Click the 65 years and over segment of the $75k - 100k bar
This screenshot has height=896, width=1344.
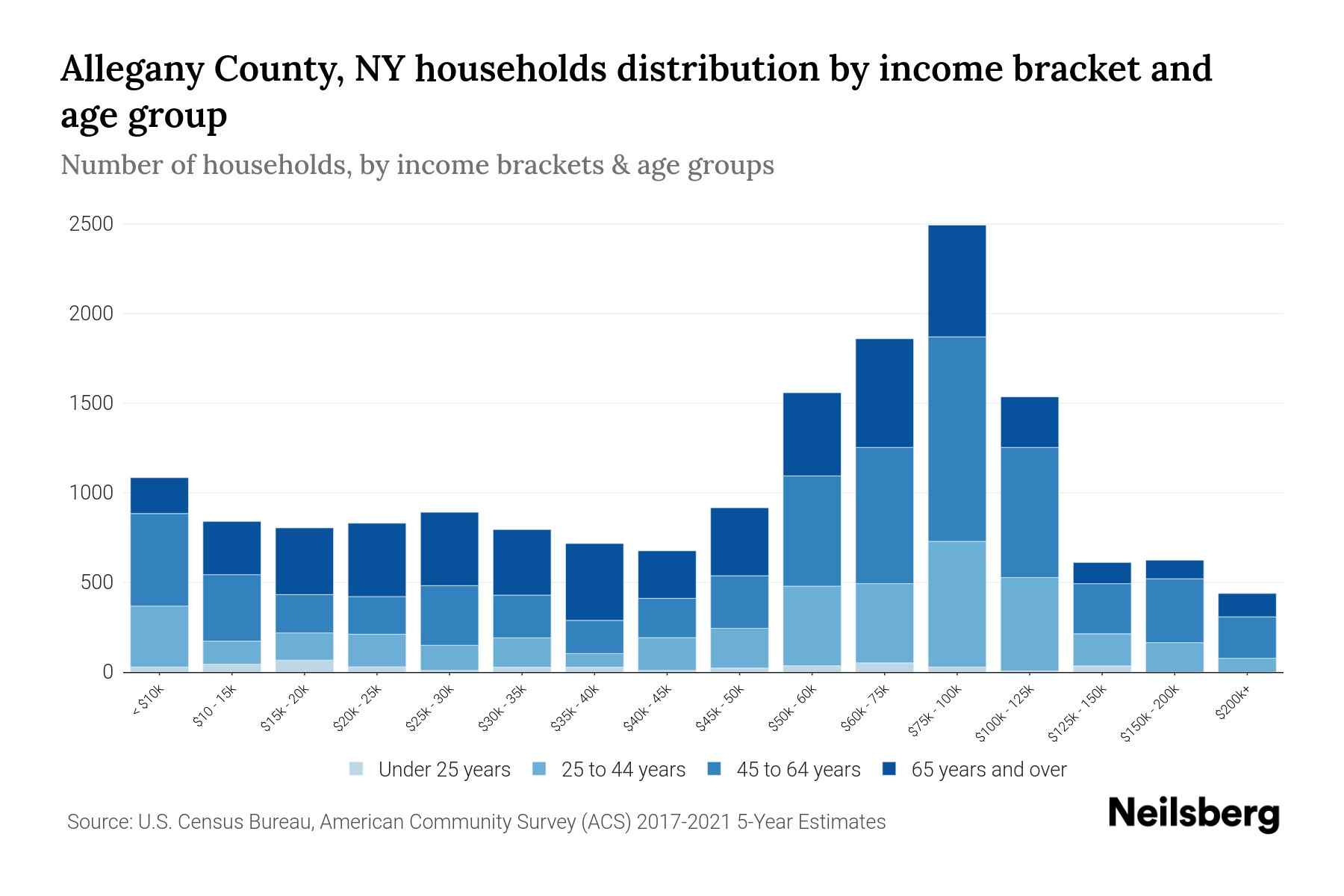pyautogui.click(x=956, y=281)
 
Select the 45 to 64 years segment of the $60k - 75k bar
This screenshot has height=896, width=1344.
pyautogui.click(x=884, y=515)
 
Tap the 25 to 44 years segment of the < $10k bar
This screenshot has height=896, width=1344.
pyautogui.click(x=159, y=635)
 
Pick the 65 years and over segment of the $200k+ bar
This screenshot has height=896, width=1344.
pyautogui.click(x=1246, y=605)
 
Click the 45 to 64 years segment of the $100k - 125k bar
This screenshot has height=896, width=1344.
pyautogui.click(x=1029, y=512)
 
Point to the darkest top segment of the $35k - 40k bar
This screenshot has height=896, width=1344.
pyautogui.click(x=594, y=582)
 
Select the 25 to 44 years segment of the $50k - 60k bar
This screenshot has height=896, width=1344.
pyautogui.click(x=812, y=625)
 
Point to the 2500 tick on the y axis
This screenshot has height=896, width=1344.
pyautogui.click(x=92, y=224)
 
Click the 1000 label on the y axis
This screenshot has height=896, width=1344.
pyautogui.click(x=92, y=493)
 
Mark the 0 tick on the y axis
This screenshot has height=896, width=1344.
pyautogui.click(x=108, y=672)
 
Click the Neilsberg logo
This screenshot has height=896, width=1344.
pyautogui.click(x=1193, y=814)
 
